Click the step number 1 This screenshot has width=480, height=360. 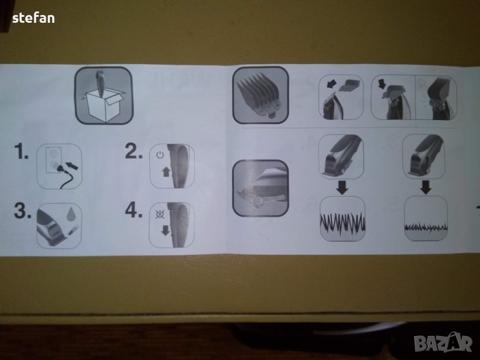(x=21, y=151)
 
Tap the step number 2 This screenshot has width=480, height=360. (x=134, y=151)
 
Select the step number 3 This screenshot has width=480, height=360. (x=23, y=211)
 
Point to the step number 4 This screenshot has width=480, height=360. (x=134, y=210)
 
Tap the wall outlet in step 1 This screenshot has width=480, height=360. (x=53, y=158)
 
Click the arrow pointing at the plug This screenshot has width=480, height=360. (x=72, y=166)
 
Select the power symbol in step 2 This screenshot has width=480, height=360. (x=160, y=155)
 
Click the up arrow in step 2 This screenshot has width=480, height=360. (x=166, y=172)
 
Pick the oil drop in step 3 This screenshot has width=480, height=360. (x=71, y=214)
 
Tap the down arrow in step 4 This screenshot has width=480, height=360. (x=166, y=230)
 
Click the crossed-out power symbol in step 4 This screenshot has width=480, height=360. (x=160, y=214)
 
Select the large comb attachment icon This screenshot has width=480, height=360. (x=260, y=95)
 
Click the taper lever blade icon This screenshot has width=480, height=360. (x=260, y=188)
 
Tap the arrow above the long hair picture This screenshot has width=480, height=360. (x=342, y=188)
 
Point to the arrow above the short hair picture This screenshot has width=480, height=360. (x=425, y=187)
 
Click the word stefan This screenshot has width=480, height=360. (x=34, y=18)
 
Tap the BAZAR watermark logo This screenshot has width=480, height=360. (x=443, y=342)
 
